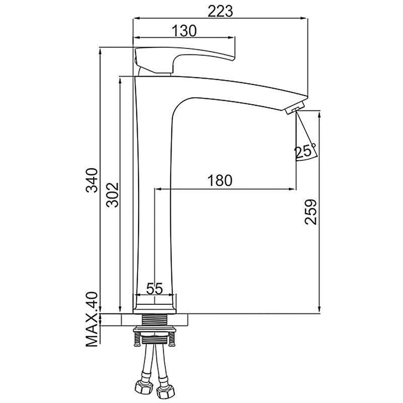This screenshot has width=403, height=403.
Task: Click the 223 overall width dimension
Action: (220, 11)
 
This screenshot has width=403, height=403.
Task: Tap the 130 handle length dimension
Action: (184, 31)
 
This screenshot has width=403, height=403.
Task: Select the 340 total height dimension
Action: (92, 180)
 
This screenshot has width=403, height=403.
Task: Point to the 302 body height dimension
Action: (112, 195)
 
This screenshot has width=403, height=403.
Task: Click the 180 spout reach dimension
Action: (220, 180)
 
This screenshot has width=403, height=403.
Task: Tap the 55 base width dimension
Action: (155, 288)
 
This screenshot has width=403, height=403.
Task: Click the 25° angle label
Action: (305, 151)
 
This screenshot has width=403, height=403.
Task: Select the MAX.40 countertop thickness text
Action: (92, 319)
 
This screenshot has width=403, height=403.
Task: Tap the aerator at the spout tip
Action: (295, 107)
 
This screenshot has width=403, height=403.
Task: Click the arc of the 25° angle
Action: (307, 158)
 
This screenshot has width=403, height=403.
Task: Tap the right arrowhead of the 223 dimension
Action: (305, 18)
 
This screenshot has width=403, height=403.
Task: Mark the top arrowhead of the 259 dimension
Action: (319, 114)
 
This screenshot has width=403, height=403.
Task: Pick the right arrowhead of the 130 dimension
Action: (232, 38)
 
